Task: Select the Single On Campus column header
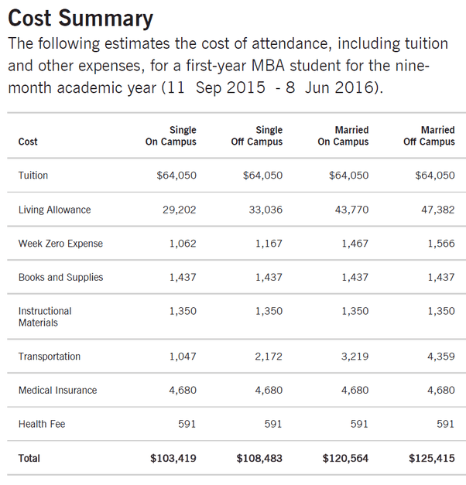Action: click(x=171, y=136)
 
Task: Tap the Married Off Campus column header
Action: click(x=429, y=136)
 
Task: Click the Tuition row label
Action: click(x=33, y=176)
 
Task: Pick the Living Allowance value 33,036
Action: click(x=266, y=210)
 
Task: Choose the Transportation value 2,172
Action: click(x=266, y=357)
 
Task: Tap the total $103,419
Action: click(x=173, y=459)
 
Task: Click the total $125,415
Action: click(x=432, y=459)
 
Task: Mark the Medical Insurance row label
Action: click(x=58, y=391)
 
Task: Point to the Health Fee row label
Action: click(x=43, y=424)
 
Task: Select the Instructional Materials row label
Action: click(x=45, y=316)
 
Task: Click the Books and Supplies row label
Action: click(x=60, y=277)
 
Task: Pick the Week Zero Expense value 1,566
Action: click(x=439, y=244)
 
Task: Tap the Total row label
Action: click(x=29, y=459)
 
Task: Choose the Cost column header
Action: click(x=28, y=142)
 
